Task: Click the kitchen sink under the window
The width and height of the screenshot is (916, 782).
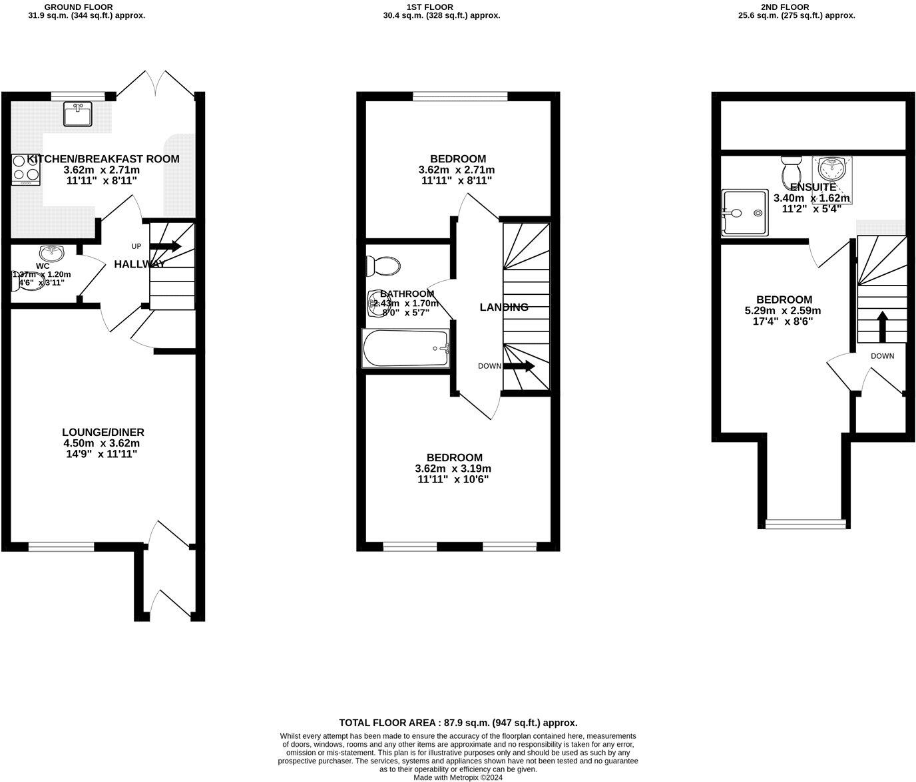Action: (x=79, y=114)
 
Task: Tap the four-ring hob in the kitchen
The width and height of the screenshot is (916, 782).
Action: (x=26, y=169)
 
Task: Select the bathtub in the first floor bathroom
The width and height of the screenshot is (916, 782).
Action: (x=406, y=349)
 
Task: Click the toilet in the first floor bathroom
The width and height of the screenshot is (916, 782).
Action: (x=383, y=266)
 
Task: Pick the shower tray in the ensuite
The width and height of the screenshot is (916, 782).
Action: (x=744, y=214)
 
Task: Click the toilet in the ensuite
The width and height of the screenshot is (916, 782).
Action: (x=792, y=172)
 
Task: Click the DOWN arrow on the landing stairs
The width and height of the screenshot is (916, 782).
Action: (x=519, y=366)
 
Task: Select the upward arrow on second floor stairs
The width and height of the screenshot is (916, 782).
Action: (x=882, y=326)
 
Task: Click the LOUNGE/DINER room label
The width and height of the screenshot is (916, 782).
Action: (x=103, y=432)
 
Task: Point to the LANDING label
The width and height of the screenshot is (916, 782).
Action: (x=504, y=307)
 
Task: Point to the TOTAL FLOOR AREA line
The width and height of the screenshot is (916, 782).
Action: (x=458, y=722)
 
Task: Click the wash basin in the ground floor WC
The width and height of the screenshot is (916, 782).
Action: (x=51, y=253)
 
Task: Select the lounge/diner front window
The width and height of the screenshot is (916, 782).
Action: (x=61, y=547)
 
